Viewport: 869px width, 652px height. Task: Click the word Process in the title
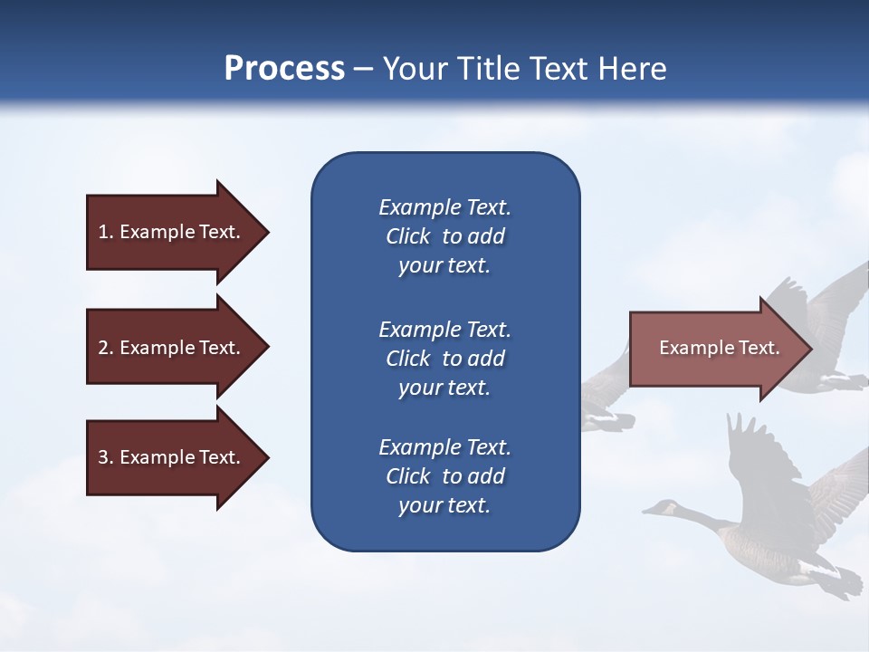tap(284, 69)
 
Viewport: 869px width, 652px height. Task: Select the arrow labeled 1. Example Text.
tap(169, 232)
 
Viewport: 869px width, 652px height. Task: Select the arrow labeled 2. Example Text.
tap(169, 348)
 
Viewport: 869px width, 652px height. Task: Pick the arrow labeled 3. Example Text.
tap(169, 457)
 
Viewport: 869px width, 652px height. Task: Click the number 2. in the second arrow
tap(105, 348)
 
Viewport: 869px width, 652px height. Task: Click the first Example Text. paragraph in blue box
tap(444, 236)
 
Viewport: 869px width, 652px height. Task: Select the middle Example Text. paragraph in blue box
tap(444, 359)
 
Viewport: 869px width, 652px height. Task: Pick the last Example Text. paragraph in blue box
tap(444, 476)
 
